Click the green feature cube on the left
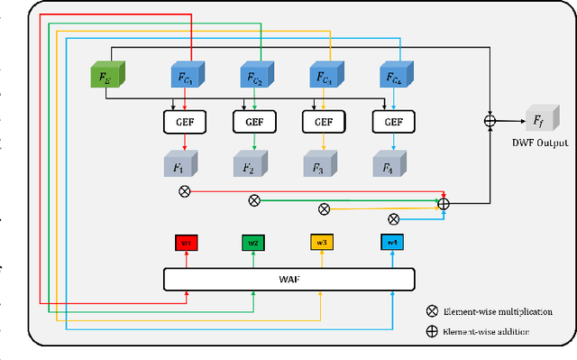pyautogui.click(x=107, y=75)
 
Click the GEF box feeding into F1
pyautogui.click(x=184, y=120)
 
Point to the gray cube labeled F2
pyautogui.click(x=252, y=165)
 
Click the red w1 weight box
pyautogui.click(x=186, y=243)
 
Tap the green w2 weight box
pyautogui.click(x=254, y=243)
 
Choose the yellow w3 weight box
pyautogui.click(x=323, y=243)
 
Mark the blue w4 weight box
pyautogui.click(x=391, y=243)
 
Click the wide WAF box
pyautogui.click(x=288, y=280)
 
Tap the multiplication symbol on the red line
pyautogui.click(x=185, y=190)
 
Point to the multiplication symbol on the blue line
pyautogui.click(x=393, y=218)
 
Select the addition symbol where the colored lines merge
pyautogui.click(x=444, y=205)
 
